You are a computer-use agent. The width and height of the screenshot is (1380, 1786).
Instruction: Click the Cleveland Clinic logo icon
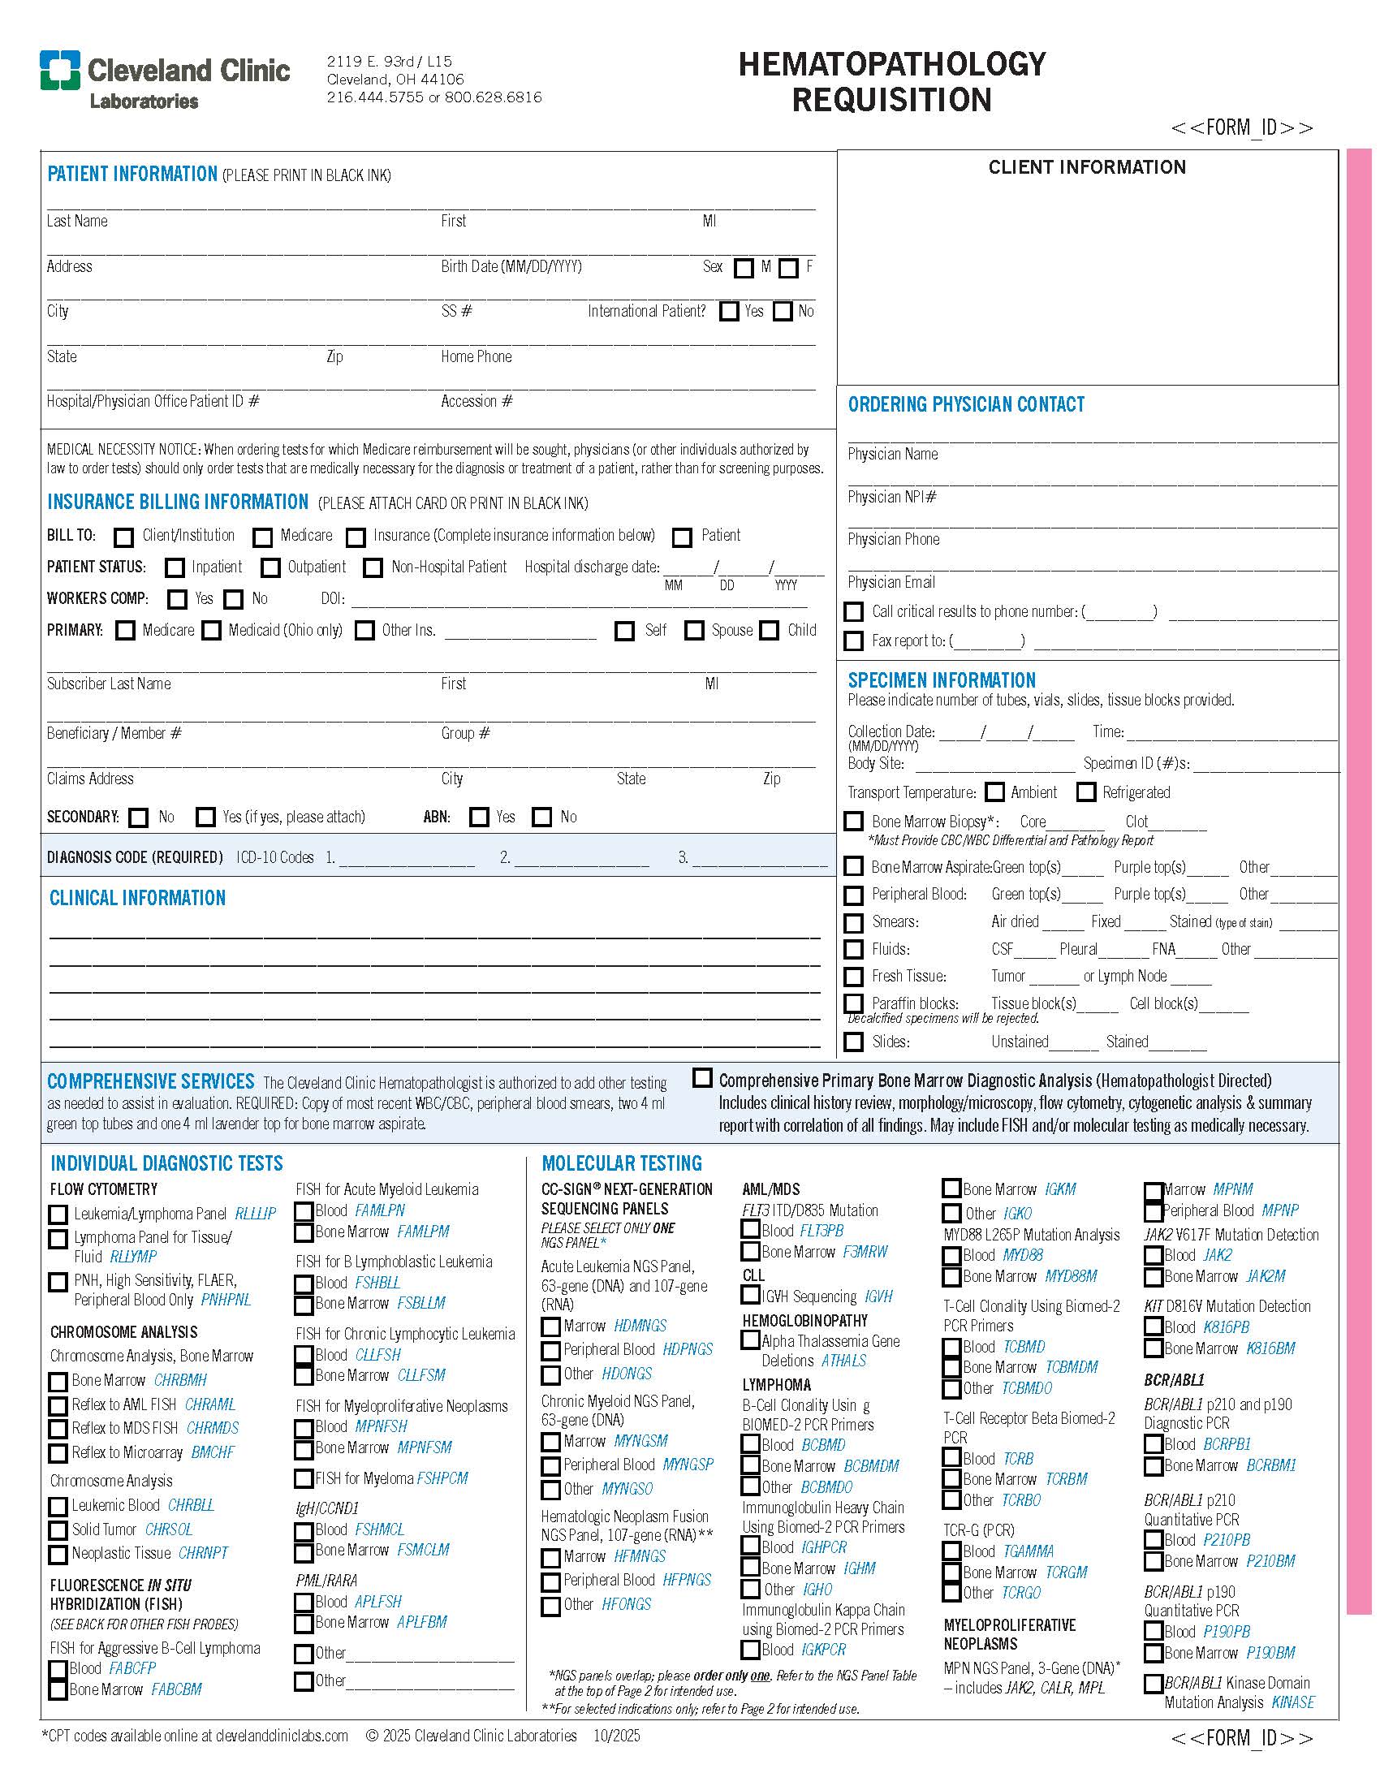point(60,70)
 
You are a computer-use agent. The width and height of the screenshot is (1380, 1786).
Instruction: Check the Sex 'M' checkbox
point(743,268)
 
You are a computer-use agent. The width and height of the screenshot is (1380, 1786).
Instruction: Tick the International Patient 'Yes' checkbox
point(728,312)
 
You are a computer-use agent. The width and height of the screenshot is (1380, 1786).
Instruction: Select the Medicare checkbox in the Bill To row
point(262,537)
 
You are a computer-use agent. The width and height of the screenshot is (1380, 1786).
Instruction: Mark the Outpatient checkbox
point(270,567)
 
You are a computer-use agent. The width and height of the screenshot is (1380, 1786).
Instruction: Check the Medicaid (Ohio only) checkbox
point(212,631)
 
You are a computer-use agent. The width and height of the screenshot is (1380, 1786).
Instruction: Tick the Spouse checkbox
point(694,631)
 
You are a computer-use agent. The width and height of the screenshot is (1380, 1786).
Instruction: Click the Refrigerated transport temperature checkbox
point(1085,792)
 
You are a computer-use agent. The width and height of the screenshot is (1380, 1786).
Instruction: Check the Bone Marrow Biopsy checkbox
point(853,822)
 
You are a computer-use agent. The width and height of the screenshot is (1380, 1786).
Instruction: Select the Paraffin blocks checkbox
point(853,1003)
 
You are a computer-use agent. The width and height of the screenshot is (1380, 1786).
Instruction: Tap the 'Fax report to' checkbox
point(853,641)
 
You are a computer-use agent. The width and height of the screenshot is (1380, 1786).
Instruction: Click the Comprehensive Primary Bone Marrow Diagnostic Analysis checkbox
point(702,1078)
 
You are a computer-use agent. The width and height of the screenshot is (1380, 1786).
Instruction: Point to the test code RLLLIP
point(255,1214)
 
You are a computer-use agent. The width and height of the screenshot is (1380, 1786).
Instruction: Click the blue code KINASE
point(1292,1702)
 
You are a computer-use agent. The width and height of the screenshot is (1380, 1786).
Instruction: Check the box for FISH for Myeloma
point(304,1478)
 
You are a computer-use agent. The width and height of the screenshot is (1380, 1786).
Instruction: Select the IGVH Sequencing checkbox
point(750,1296)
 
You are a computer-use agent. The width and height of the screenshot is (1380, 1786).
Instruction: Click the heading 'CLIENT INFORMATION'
point(1086,168)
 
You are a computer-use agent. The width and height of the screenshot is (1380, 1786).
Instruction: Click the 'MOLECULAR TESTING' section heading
point(621,1163)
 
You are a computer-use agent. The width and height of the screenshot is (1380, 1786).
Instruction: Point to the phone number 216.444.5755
point(374,97)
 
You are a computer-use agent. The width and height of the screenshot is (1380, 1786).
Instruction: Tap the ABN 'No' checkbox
point(541,817)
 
